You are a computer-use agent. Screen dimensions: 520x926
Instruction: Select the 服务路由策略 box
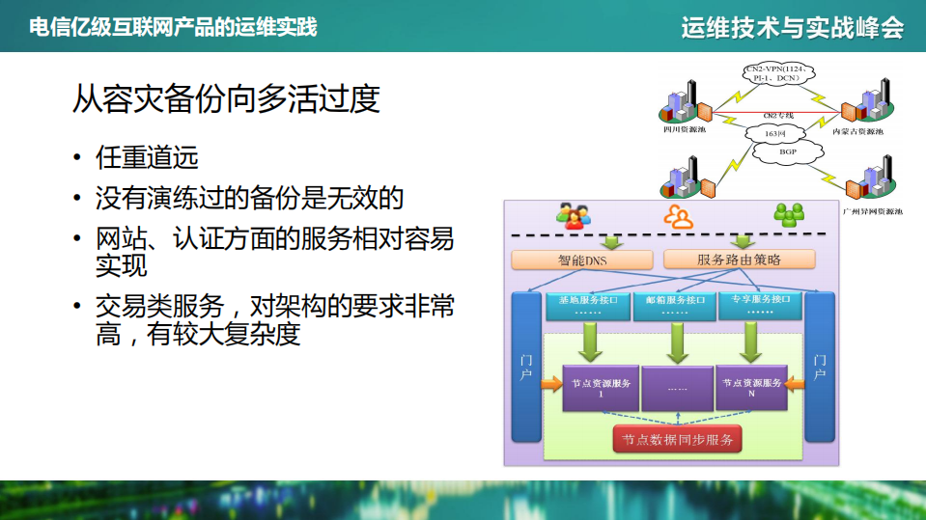tap(739, 260)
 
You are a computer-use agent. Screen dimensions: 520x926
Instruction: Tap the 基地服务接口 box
tap(588, 305)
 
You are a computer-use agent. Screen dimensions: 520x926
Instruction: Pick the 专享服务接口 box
tap(760, 305)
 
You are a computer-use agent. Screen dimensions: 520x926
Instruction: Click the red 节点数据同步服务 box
tap(677, 440)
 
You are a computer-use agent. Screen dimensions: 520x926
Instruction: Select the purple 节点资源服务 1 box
tap(601, 388)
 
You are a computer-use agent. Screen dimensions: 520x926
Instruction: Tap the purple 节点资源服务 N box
tap(751, 388)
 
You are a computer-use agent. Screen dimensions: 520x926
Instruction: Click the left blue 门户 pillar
tap(526, 367)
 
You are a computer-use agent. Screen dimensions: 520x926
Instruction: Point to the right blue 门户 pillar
tap(820, 367)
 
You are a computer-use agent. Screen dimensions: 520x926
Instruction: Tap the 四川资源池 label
tap(684, 128)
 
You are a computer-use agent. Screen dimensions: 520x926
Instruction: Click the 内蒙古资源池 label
tap(857, 130)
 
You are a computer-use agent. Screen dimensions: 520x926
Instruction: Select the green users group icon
tap(790, 214)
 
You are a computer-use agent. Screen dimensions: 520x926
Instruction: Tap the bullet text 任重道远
tap(147, 157)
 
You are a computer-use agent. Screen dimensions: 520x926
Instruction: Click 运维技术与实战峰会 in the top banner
tap(792, 27)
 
